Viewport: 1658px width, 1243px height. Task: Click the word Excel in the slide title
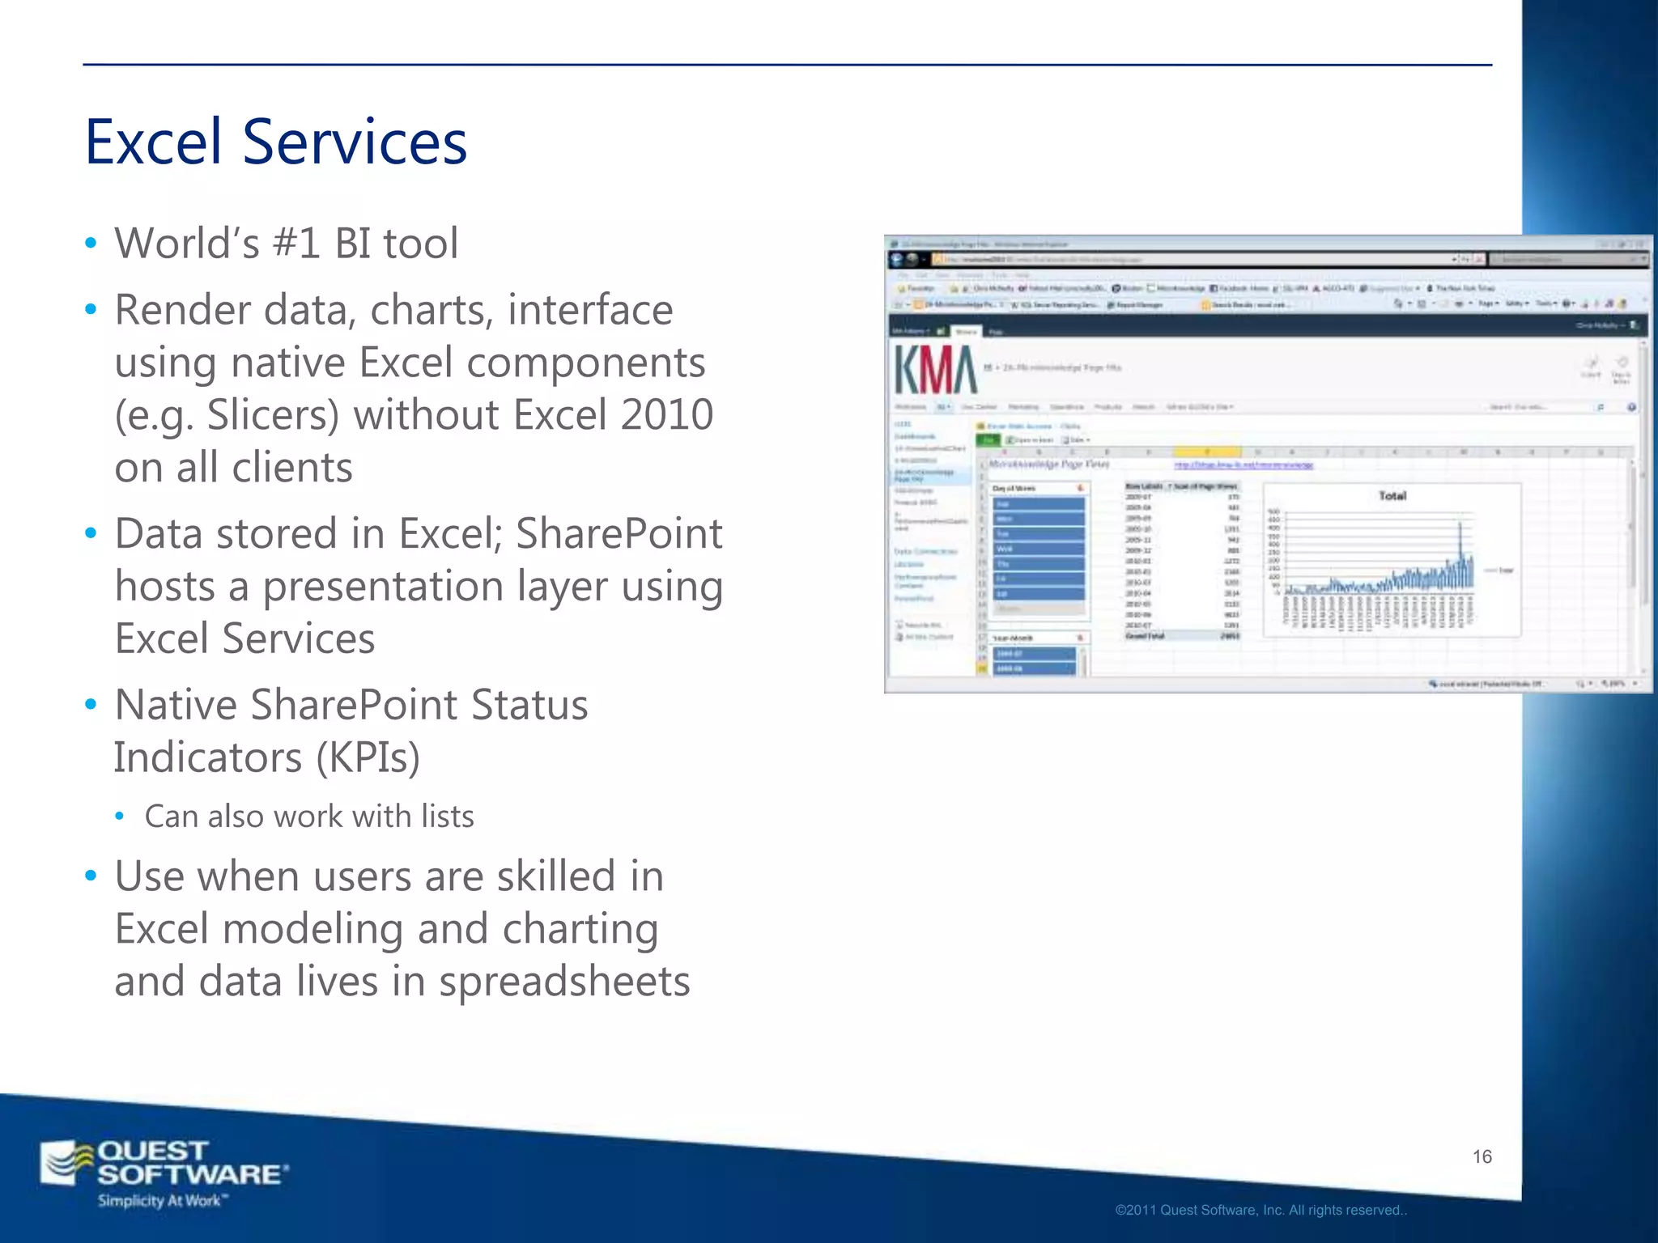click(x=153, y=142)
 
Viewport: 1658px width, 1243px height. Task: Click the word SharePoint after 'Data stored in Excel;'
click(x=619, y=534)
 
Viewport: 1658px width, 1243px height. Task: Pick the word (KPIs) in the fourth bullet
click(x=368, y=758)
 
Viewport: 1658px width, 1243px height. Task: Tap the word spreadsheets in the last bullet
click(x=564, y=982)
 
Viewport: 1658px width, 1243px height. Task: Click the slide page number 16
click(x=1482, y=1156)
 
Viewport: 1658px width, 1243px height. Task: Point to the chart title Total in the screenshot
click(x=1392, y=496)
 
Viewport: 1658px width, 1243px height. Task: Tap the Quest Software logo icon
click(x=68, y=1164)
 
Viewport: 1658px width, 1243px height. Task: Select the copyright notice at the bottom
click(x=1261, y=1211)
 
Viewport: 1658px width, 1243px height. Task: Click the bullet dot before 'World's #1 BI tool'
click(x=91, y=244)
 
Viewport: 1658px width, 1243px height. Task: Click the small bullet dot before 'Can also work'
click(x=120, y=817)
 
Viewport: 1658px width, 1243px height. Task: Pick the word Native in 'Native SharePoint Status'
click(x=176, y=705)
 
